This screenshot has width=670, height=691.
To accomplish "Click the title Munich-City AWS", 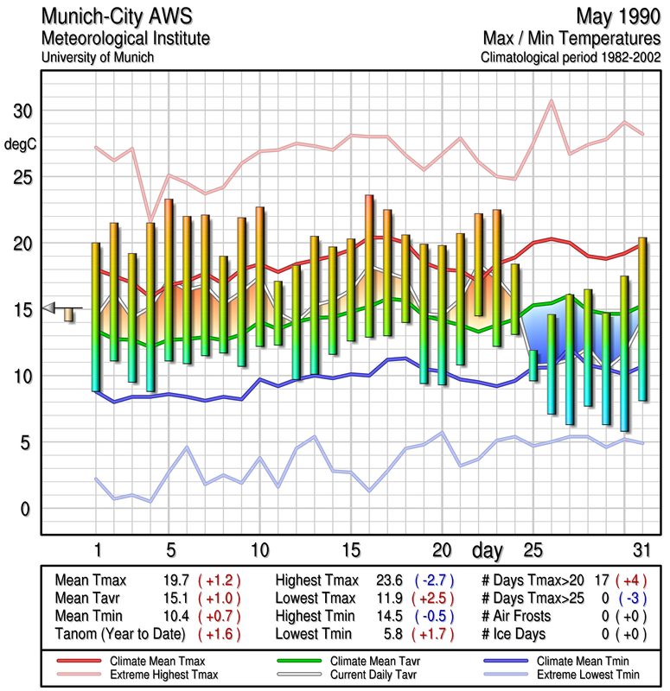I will (118, 16).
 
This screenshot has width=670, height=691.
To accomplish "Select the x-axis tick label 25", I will (533, 550).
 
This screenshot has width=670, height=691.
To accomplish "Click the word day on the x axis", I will (490, 549).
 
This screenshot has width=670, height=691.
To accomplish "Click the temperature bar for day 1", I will (96, 317).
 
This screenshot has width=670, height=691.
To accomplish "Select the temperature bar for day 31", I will (642, 319).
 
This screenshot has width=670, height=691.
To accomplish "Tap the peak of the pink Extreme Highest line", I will (551, 101).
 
